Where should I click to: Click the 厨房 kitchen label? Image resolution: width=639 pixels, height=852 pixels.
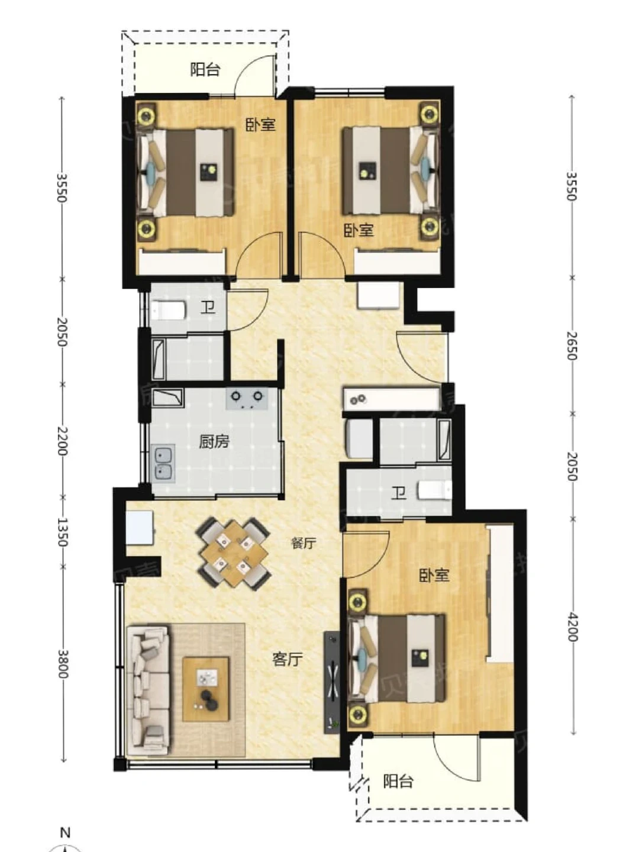(214, 441)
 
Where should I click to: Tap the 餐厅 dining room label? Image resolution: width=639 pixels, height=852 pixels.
(303, 543)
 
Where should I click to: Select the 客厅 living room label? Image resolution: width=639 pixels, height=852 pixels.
(288, 659)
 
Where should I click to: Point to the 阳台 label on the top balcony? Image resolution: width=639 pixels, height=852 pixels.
(205, 69)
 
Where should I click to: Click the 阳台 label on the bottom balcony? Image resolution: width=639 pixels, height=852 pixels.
(398, 781)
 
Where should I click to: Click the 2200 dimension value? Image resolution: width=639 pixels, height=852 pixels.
(62, 441)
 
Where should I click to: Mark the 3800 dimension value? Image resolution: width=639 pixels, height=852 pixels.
(62, 664)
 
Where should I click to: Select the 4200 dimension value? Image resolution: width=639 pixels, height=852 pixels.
(572, 627)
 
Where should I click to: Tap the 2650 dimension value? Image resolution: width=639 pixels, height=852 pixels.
(572, 345)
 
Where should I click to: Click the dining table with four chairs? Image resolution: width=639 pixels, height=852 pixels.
(233, 553)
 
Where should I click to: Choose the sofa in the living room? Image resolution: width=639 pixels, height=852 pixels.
(149, 690)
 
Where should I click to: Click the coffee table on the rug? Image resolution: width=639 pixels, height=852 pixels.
(206, 689)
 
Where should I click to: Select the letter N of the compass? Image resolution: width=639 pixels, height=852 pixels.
(65, 832)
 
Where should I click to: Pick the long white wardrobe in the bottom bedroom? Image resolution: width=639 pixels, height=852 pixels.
(500, 593)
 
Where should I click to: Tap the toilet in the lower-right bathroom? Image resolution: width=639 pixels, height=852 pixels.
(435, 490)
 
